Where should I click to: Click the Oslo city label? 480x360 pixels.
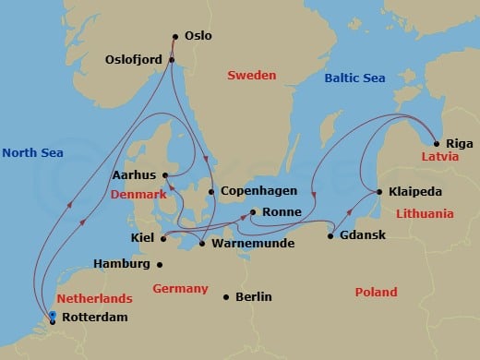tap(198, 36)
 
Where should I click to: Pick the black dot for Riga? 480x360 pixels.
tap(436, 143)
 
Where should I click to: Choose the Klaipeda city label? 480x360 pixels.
tap(416, 192)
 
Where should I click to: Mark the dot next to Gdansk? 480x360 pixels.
tap(330, 235)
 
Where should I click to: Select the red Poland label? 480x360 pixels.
tap(376, 292)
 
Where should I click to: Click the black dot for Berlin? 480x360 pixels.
tap(227, 296)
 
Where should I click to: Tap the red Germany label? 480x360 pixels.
tap(180, 288)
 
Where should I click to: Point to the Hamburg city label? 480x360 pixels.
tap(122, 264)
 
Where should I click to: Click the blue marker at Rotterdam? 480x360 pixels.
tap(53, 317)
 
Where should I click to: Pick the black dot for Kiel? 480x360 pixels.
tap(162, 238)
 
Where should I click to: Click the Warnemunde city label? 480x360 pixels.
tap(243, 244)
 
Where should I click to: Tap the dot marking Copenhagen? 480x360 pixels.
tap(211, 192)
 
